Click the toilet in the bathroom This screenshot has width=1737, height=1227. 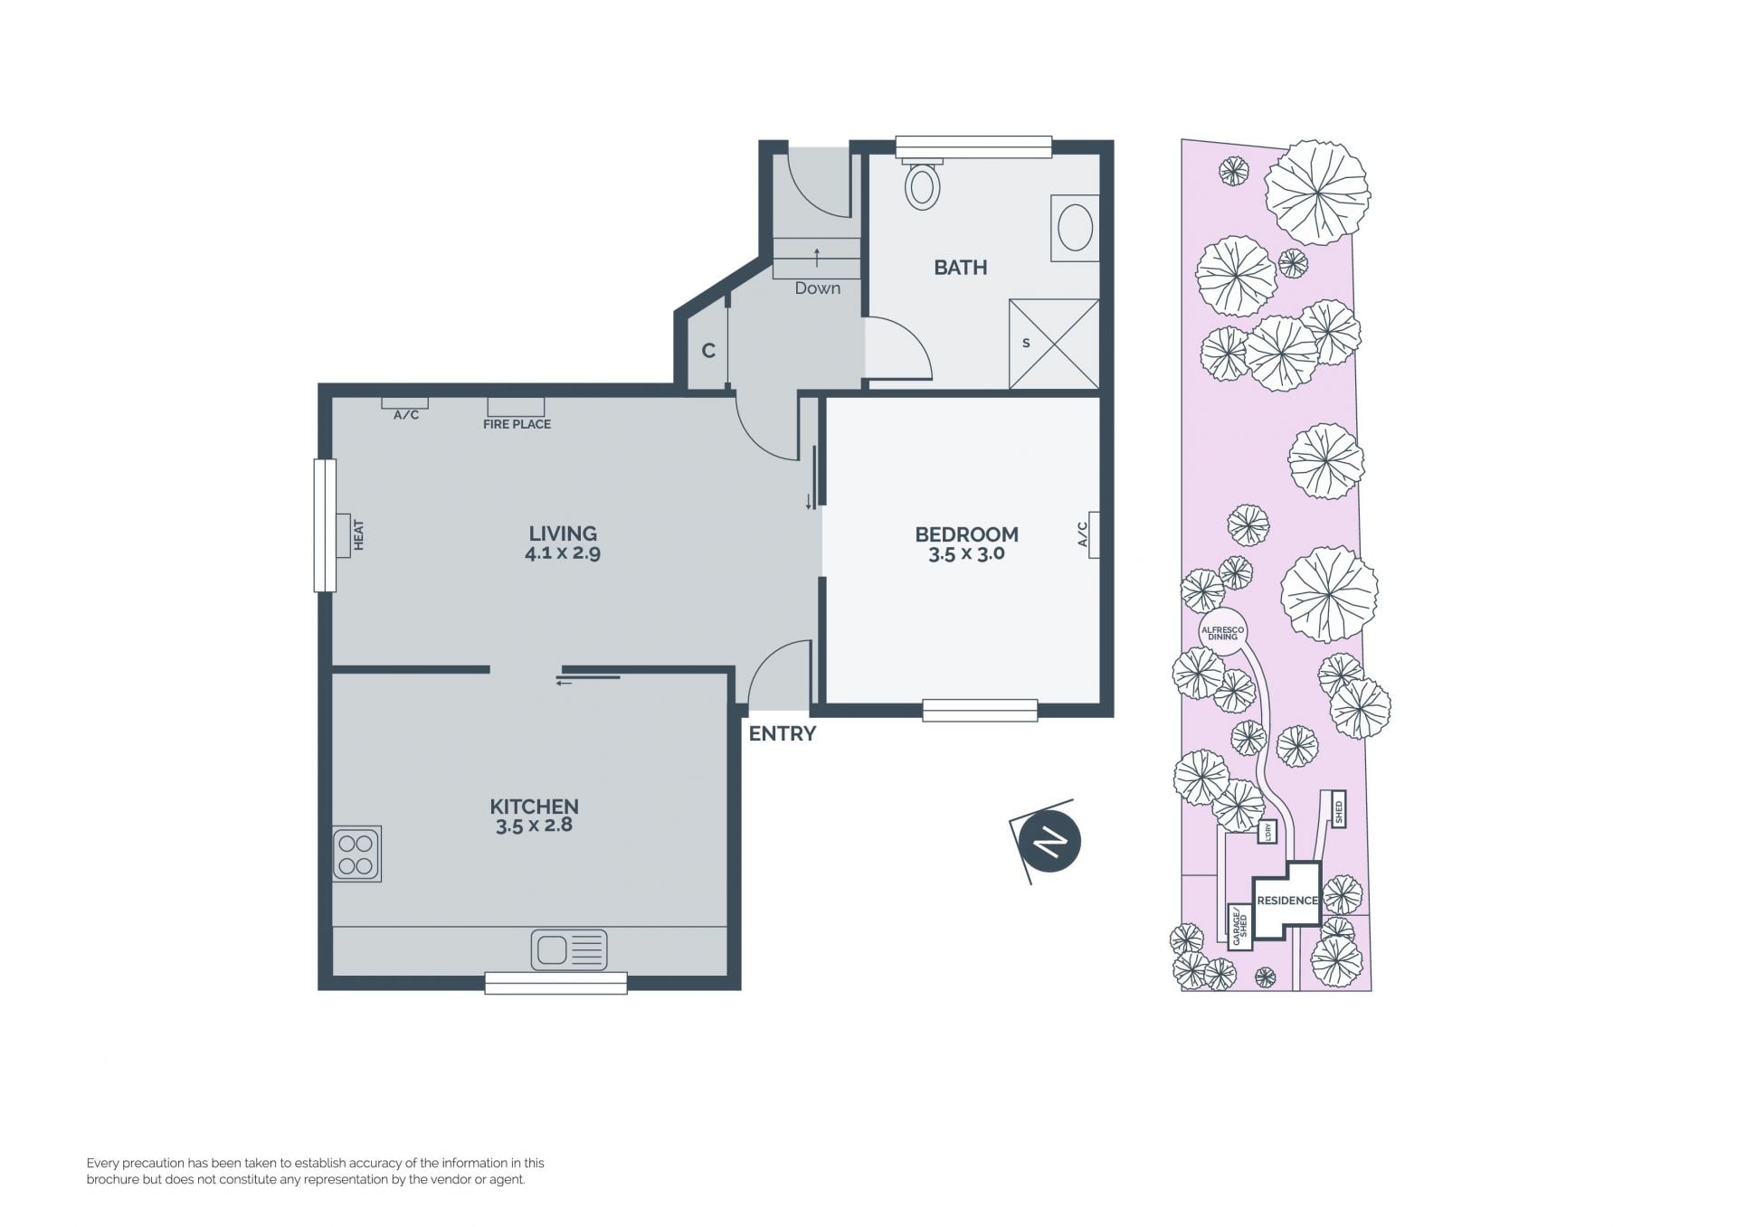pos(923,184)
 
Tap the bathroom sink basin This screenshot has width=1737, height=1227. pos(1075,227)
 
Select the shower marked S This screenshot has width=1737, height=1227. pos(1054,345)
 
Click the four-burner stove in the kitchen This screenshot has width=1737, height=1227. pos(356,854)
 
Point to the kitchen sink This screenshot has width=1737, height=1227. pos(569,950)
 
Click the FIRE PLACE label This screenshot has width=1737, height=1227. pos(517,424)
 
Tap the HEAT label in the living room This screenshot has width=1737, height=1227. pos(358,534)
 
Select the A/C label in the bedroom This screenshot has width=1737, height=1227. pos(1082,534)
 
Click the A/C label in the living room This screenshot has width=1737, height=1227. pos(406,415)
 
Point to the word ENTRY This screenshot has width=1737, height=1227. pos(783,734)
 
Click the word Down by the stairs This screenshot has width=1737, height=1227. pos(818,288)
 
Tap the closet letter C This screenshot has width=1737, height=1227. pos(708,351)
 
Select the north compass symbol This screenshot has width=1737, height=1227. pos(1049,842)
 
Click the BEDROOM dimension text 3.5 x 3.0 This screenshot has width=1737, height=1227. pos(966,554)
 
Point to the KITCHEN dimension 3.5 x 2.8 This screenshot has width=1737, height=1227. pos(534,825)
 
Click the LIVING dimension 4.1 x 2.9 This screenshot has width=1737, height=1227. pos(563,552)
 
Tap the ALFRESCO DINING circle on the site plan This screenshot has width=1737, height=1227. pos(1222,633)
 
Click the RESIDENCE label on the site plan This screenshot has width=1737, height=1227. pos(1287,901)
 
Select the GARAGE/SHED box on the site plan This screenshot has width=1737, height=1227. pos(1240,927)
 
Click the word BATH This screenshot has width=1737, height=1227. pos(961,268)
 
